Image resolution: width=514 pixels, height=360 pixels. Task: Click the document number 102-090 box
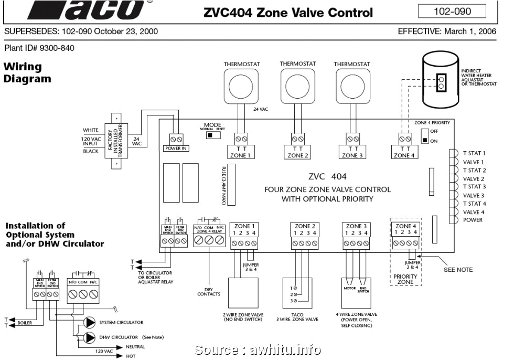click(452, 11)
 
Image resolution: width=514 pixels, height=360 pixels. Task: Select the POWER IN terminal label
click(176, 149)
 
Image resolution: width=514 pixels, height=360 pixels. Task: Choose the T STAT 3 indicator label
click(474, 187)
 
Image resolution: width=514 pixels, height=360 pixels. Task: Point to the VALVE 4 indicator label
click(474, 212)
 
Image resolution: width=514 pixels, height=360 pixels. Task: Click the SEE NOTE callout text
click(458, 270)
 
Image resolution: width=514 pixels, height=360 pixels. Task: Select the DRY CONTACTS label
click(209, 291)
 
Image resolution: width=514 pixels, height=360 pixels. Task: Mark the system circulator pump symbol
click(90, 322)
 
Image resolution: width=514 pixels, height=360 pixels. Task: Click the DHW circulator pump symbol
click(90, 337)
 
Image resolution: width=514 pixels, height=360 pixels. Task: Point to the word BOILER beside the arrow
click(25, 323)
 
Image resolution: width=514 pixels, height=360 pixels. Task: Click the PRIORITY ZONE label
click(405, 279)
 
